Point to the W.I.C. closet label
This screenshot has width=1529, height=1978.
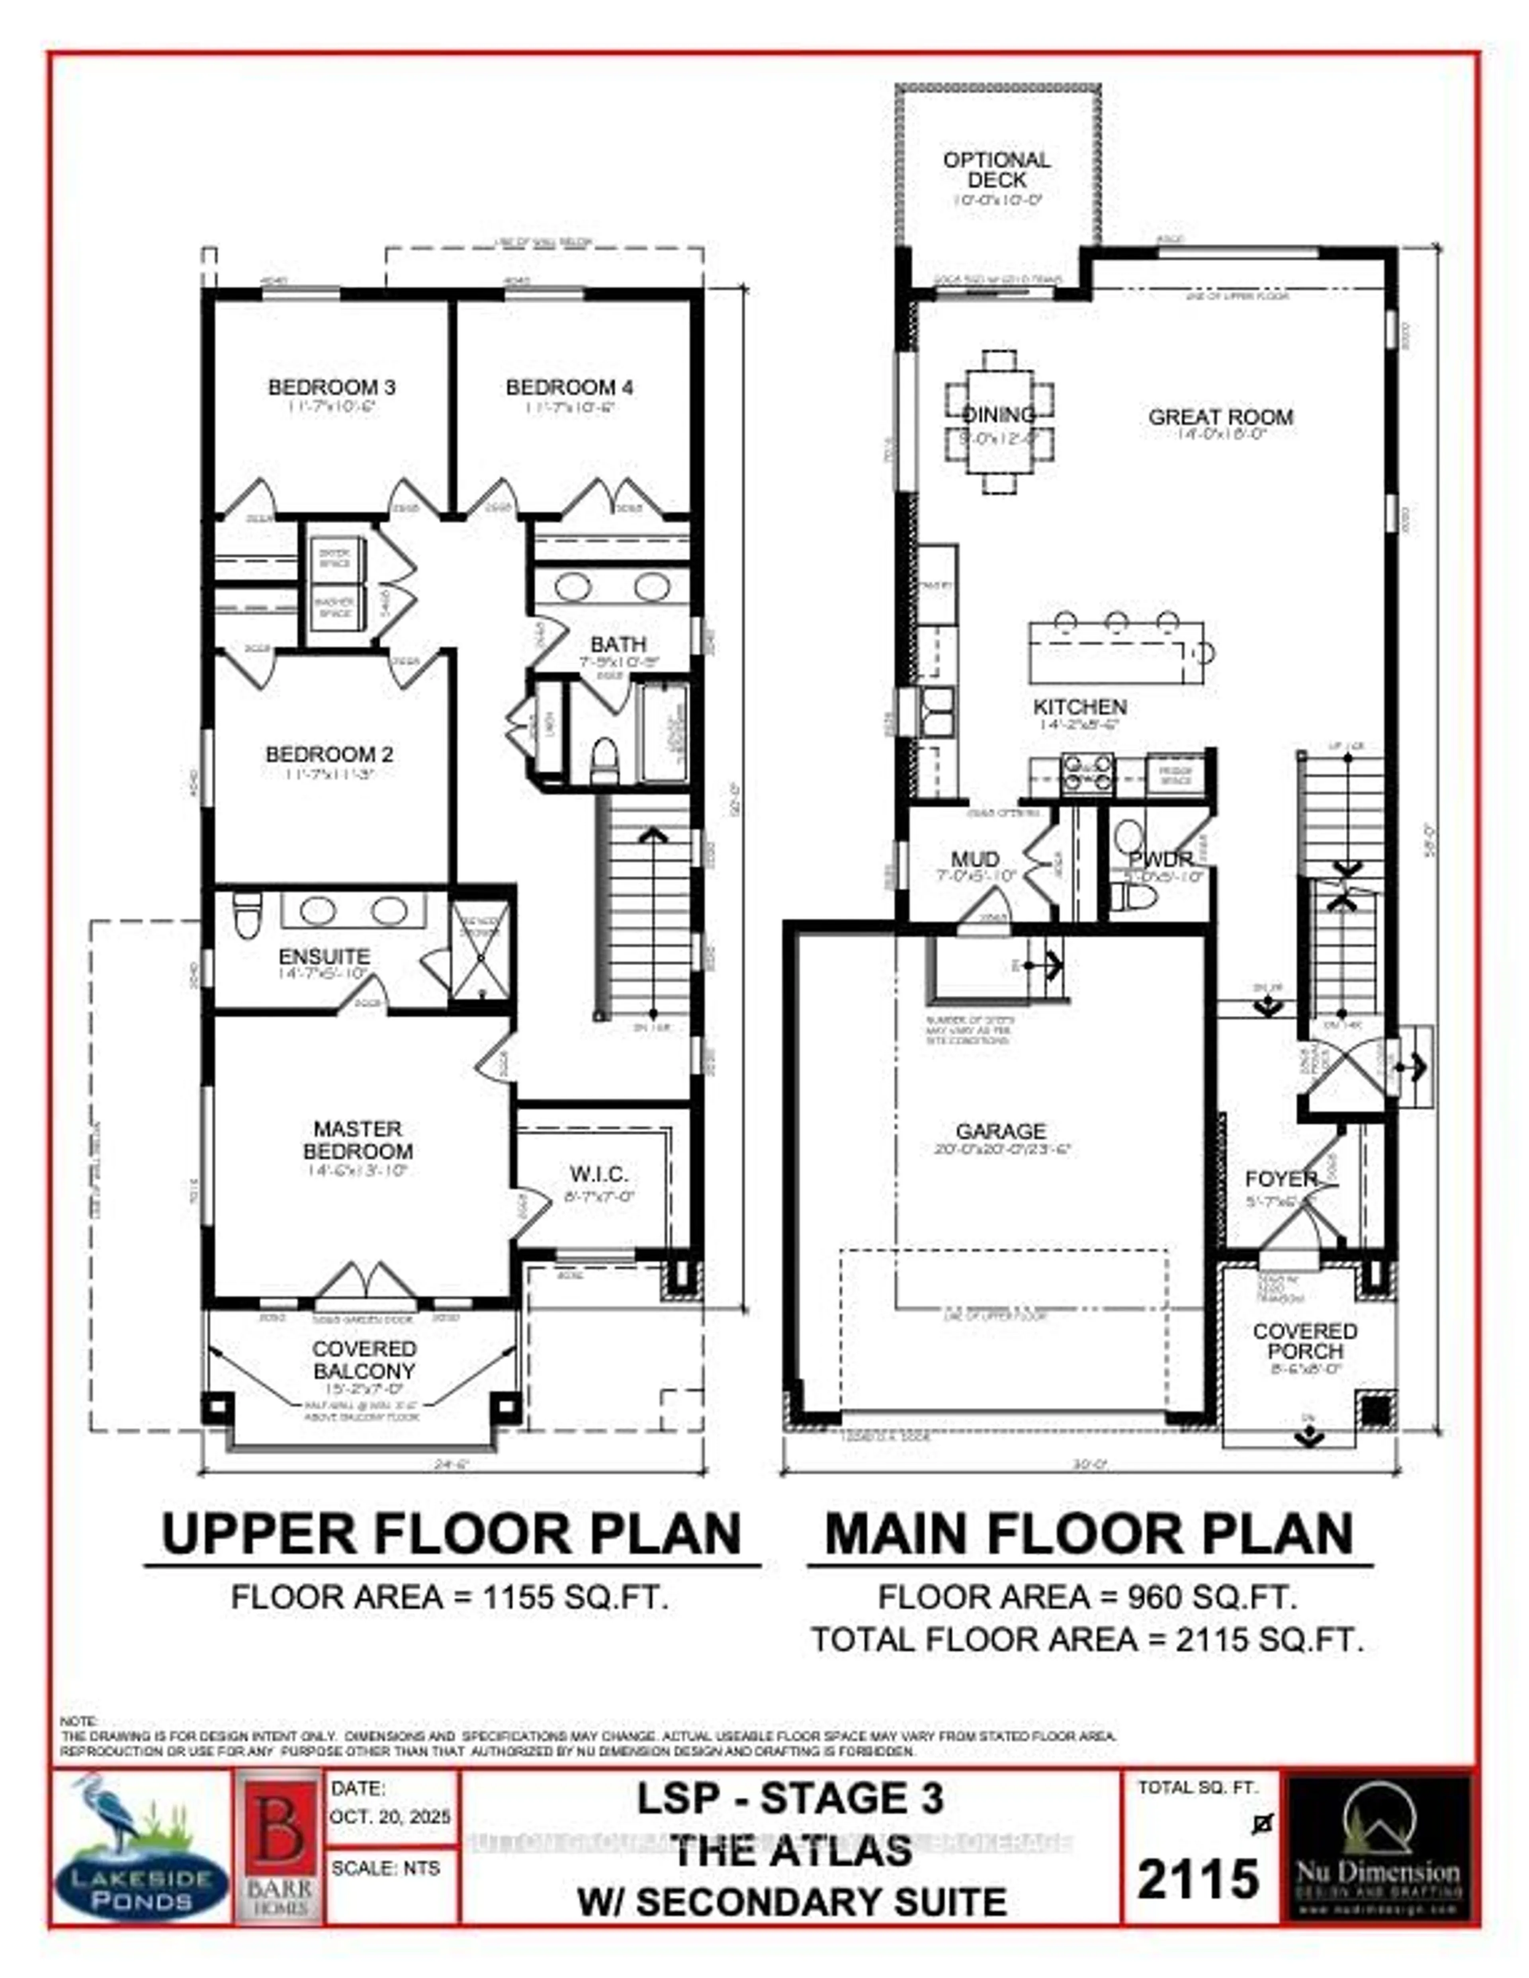(x=599, y=1175)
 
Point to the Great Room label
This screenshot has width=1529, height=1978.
(x=1220, y=418)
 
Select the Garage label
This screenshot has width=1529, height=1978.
(x=1001, y=1131)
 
